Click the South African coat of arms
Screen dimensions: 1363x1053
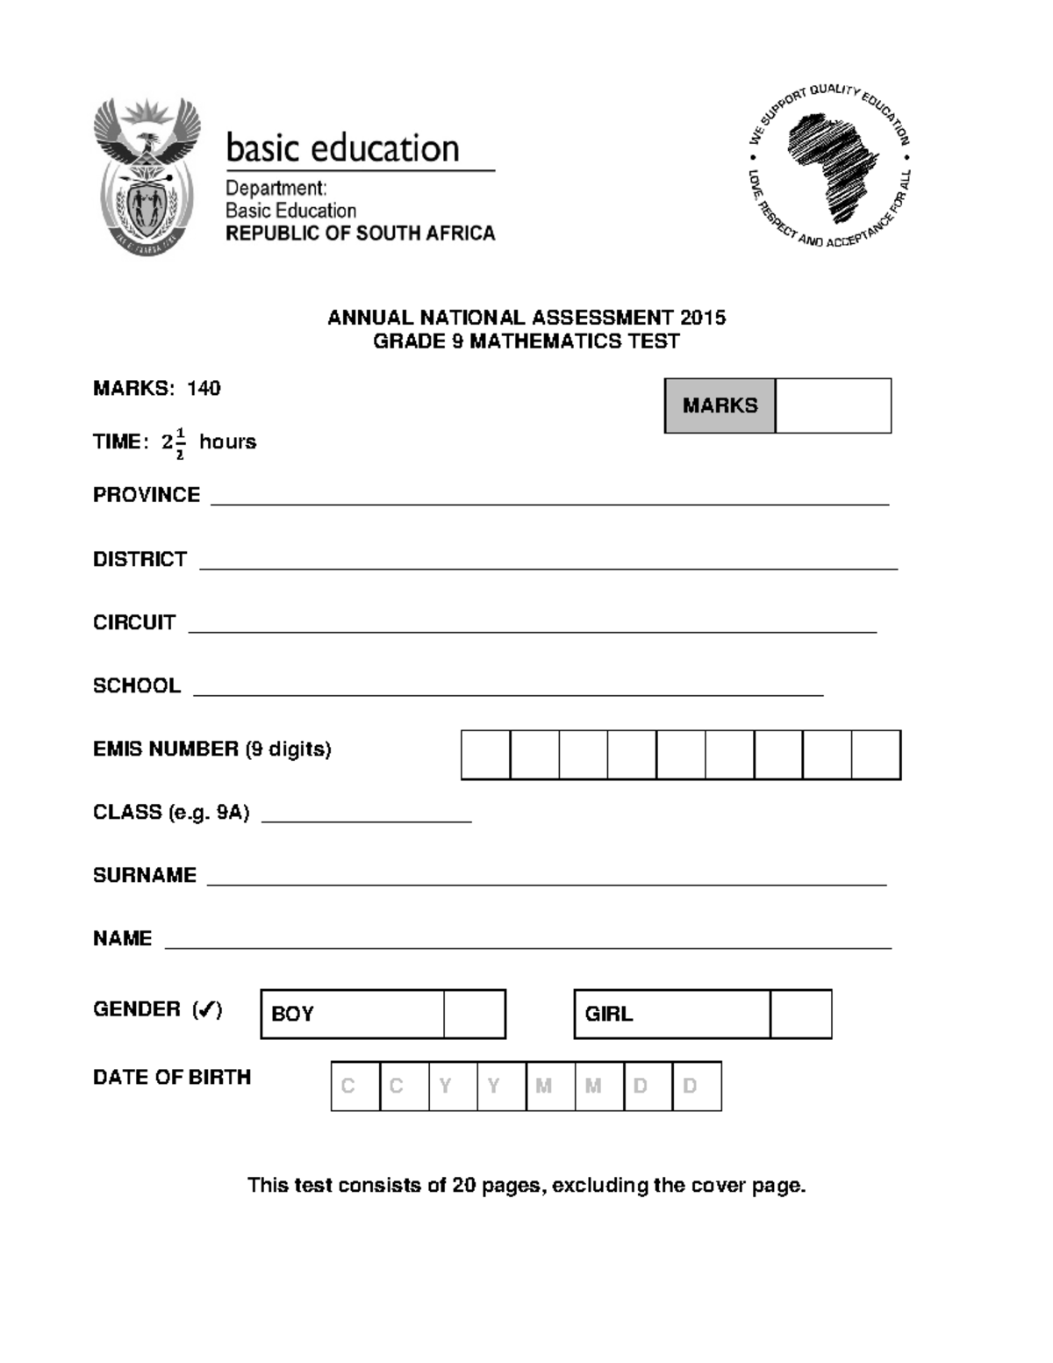coord(147,176)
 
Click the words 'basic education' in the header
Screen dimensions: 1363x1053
coord(342,148)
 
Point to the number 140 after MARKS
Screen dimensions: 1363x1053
coord(204,389)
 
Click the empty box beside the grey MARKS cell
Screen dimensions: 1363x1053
coord(833,405)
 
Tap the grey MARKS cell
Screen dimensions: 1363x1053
coord(720,405)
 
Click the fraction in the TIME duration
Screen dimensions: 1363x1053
coord(180,443)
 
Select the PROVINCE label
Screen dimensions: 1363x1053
coord(147,495)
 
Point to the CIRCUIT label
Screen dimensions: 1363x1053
coord(134,622)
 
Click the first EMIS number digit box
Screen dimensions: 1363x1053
coord(486,755)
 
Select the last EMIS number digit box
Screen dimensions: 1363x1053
coord(876,755)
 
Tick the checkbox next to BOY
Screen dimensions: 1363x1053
coord(474,1014)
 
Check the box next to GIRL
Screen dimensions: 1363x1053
coord(800,1014)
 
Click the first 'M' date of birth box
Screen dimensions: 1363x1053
coord(551,1087)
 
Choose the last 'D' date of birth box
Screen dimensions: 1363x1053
coord(697,1087)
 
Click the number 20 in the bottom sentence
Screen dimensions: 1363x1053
coord(463,1186)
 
